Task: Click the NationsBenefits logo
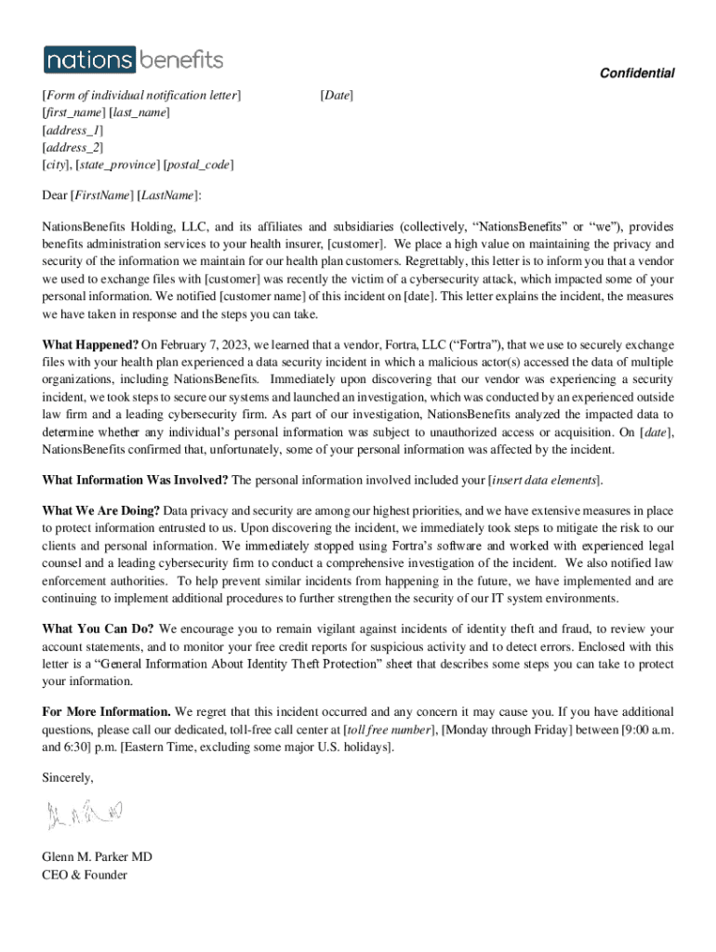[133, 60]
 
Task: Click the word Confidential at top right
[637, 73]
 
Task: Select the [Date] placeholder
[336, 95]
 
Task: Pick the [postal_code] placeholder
[198, 165]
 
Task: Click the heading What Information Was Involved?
[135, 480]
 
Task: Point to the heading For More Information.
[106, 712]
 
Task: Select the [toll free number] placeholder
[390, 730]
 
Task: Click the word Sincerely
[68, 777]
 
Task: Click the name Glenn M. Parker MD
[97, 857]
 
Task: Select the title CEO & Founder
[85, 875]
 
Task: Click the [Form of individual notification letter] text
[141, 95]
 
